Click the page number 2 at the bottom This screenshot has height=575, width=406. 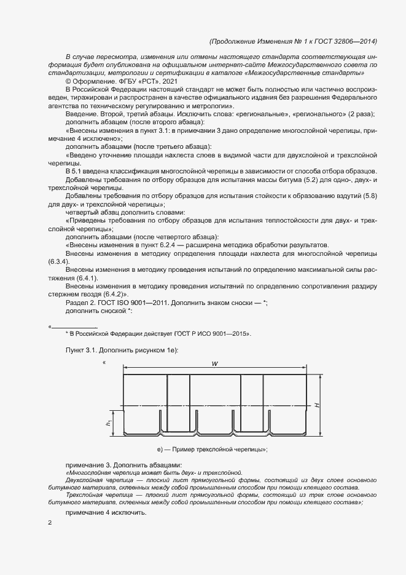[50, 523]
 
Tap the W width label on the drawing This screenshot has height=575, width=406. [215, 364]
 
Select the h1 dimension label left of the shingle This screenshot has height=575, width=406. [108, 422]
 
